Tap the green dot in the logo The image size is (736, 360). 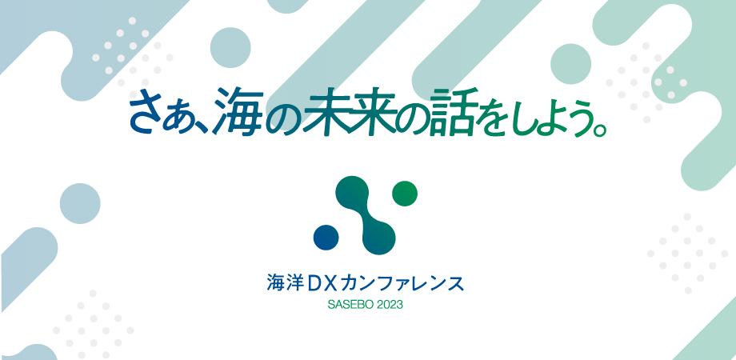tap(406, 193)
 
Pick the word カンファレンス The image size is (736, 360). tap(402, 283)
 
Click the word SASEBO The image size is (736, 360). tap(349, 305)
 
